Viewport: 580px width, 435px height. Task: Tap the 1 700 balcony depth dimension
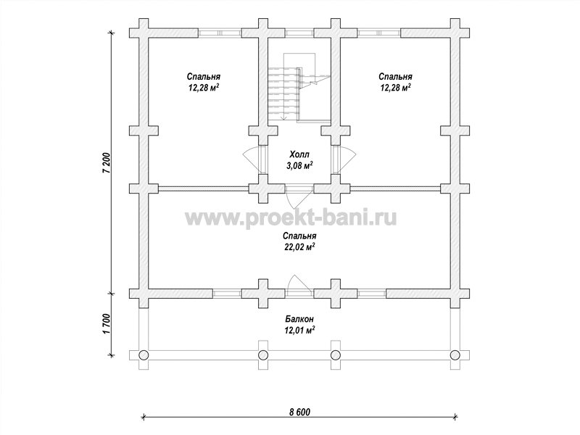pos(107,324)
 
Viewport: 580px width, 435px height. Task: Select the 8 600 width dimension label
pos(299,412)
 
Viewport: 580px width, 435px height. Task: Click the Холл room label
pos(299,154)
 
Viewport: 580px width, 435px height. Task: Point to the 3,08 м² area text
pos(299,165)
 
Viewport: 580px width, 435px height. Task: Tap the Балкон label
pos(299,318)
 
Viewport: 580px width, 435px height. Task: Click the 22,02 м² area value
pos(299,247)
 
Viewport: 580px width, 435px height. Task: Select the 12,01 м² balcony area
pos(299,330)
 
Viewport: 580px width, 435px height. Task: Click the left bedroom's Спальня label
pos(204,77)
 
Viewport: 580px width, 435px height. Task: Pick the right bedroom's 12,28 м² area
pos(395,88)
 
